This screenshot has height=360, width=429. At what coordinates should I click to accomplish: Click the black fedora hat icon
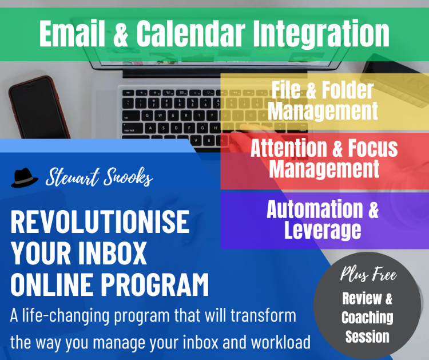tap(24, 177)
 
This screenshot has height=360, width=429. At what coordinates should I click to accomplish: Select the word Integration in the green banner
tap(321, 34)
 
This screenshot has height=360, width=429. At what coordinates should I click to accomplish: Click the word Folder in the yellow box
tap(348, 90)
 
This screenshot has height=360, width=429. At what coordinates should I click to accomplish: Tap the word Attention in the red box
tap(288, 148)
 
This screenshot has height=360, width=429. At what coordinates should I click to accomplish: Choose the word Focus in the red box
tap(372, 148)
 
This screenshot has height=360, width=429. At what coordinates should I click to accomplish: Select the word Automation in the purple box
tap(315, 209)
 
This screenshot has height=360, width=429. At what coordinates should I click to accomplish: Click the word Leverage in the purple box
tap(323, 230)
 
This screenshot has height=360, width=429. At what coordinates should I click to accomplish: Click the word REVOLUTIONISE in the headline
tap(100, 221)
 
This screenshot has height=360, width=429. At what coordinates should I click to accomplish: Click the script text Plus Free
tap(368, 274)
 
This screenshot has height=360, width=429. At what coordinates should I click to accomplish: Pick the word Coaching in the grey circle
tap(367, 318)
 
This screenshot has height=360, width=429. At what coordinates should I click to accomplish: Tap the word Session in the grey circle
tap(367, 336)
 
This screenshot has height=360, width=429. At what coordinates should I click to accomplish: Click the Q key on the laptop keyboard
tap(147, 115)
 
